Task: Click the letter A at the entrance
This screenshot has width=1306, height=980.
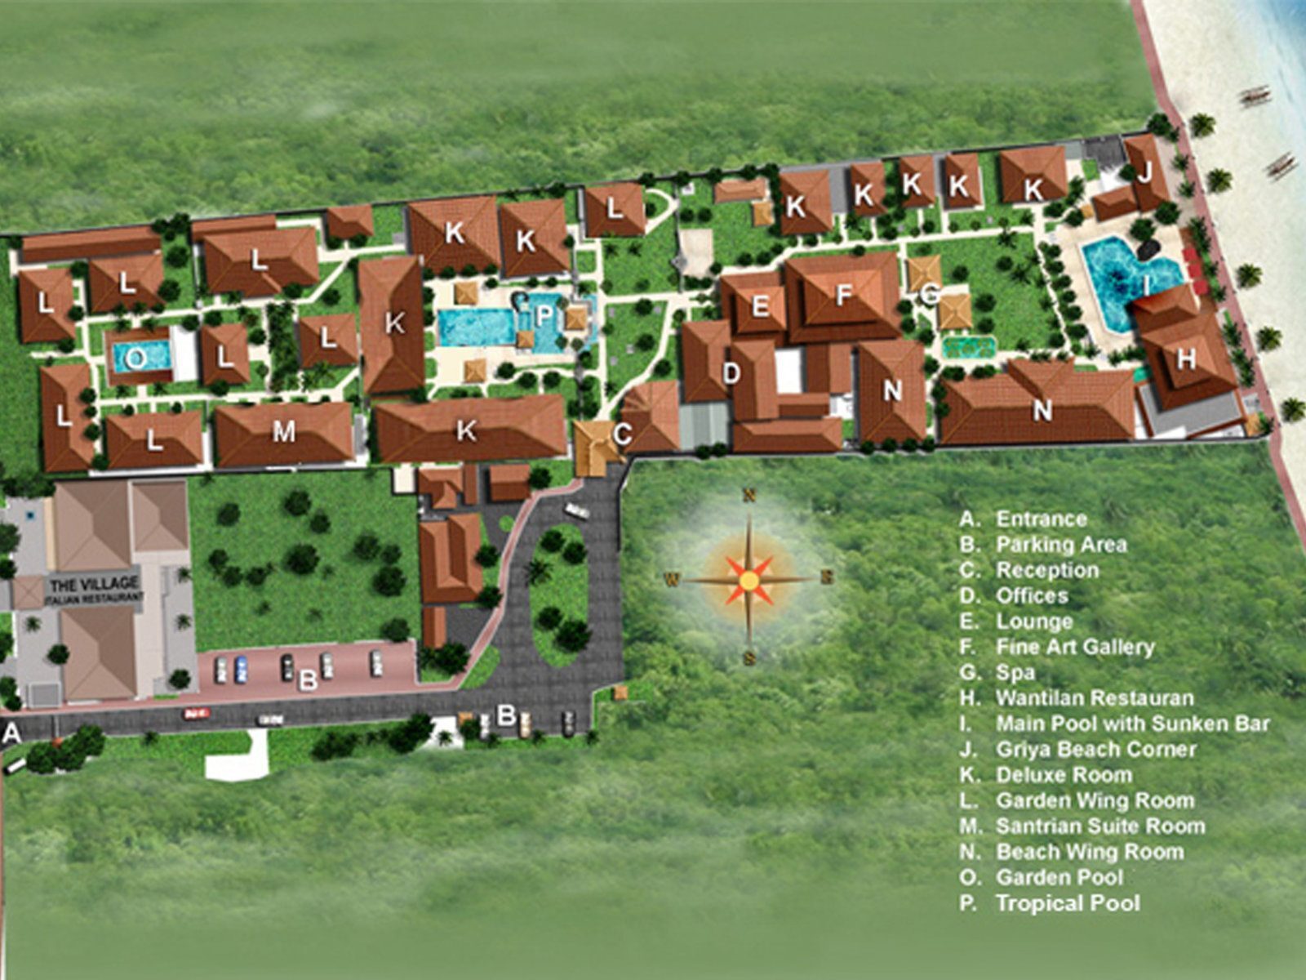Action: coord(11,734)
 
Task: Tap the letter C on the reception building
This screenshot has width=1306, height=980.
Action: coord(622,434)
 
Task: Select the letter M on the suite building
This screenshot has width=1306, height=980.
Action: coord(283,431)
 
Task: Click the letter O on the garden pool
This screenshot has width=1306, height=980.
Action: coord(137,358)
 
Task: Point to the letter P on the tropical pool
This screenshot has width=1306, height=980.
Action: coord(544,314)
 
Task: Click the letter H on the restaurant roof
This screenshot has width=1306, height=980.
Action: coord(1186,358)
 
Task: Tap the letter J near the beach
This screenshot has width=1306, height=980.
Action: coord(1144,173)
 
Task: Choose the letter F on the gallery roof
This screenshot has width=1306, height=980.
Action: coord(844,295)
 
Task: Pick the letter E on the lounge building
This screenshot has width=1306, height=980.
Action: coord(760,306)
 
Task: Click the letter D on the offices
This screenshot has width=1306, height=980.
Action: coord(731,374)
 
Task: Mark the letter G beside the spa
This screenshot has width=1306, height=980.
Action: coord(929,294)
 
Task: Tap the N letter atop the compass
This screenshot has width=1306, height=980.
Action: coord(749,495)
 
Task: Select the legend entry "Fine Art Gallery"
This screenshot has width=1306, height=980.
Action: coord(1074,647)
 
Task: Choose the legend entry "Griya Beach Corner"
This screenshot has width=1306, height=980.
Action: coord(1095,749)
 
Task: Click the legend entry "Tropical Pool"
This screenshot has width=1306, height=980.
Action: coord(1067,903)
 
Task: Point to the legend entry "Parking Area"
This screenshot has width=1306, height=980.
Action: coord(1061,545)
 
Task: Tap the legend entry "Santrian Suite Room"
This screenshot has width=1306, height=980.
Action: coord(1099,826)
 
